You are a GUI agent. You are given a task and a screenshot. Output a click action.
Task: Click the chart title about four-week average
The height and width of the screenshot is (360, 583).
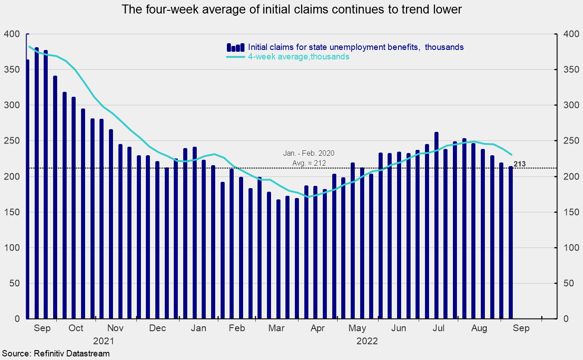[x=292, y=9]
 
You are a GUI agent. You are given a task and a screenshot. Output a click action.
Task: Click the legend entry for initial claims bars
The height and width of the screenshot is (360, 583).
[x=356, y=47]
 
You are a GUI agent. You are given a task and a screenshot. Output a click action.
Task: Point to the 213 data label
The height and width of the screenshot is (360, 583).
[x=520, y=164]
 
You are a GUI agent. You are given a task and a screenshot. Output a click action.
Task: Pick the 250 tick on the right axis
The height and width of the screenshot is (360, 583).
[x=569, y=141]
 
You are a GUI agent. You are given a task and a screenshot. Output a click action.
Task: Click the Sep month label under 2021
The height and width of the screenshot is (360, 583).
[x=42, y=328]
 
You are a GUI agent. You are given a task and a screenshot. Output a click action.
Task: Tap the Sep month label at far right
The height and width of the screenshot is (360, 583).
[x=521, y=328]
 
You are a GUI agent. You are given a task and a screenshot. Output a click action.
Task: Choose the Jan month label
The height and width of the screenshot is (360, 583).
[x=199, y=328]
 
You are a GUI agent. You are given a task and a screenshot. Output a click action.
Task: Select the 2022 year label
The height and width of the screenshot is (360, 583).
[x=367, y=341]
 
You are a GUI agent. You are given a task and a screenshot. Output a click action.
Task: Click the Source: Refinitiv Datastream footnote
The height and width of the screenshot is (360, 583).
[x=55, y=354]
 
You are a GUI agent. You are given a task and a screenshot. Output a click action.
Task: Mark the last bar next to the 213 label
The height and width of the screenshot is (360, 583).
[x=511, y=243]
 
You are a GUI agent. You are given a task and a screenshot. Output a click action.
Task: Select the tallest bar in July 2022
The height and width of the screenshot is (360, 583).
[x=436, y=225]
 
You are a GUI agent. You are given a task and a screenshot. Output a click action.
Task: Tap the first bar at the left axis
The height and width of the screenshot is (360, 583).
[x=27, y=189]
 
